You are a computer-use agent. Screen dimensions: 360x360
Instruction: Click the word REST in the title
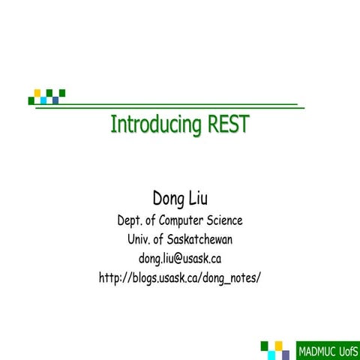click(228, 124)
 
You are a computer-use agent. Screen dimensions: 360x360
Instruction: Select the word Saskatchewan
click(197, 240)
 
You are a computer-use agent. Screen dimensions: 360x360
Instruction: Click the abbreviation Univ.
click(141, 240)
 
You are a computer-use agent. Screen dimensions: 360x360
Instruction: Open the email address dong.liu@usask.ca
click(180, 259)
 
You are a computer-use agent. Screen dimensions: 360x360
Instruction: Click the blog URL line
click(180, 277)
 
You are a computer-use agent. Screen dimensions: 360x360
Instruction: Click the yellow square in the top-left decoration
click(37, 93)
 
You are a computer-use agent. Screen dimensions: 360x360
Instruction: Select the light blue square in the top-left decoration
click(43, 100)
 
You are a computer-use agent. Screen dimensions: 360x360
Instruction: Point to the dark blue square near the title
click(55, 100)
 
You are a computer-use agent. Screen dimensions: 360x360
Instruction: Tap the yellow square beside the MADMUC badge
click(279, 345)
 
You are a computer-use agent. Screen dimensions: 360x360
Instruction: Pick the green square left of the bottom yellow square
click(265, 345)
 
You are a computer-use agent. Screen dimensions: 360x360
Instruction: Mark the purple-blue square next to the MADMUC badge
click(285, 353)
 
